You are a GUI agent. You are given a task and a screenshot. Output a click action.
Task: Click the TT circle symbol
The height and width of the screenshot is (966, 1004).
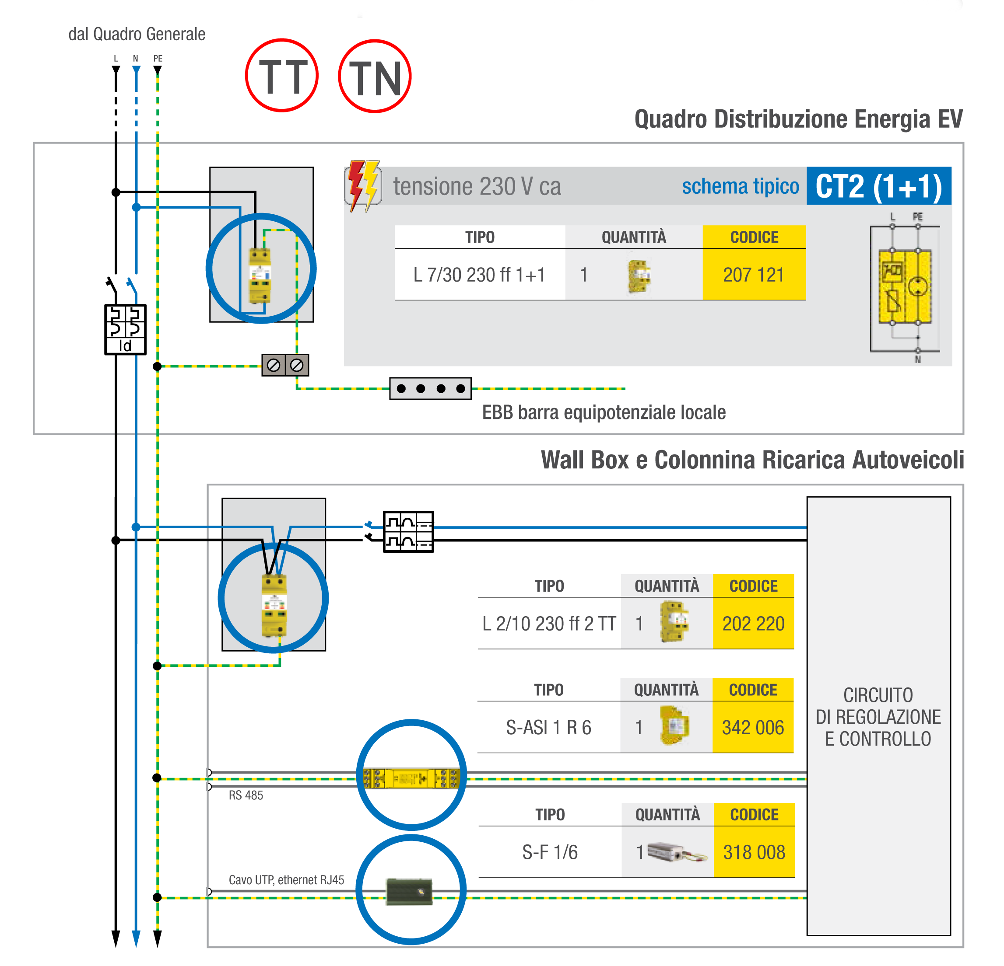pos(282,76)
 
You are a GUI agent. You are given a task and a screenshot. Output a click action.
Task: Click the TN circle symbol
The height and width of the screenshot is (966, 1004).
pos(375,77)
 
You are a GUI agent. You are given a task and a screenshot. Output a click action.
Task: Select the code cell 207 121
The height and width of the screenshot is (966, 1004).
pos(754,275)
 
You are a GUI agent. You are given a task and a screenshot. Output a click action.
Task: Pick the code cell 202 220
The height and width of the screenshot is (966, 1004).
pos(753,624)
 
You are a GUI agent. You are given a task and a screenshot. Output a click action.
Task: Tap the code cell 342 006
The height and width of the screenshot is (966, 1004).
pos(752,727)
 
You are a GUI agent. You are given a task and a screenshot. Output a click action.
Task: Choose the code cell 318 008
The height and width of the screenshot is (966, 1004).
pos(754,852)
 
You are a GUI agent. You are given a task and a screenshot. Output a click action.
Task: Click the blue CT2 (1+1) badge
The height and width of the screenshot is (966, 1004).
pos(878,186)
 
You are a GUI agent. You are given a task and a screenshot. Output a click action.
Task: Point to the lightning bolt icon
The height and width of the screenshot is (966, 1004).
pos(363,186)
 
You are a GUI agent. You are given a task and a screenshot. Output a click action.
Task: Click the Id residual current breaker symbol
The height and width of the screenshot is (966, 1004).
pos(126,329)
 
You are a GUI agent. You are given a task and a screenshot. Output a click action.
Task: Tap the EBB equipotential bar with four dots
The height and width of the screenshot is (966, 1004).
pos(430,389)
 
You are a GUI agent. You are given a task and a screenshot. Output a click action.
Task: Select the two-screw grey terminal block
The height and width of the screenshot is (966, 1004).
pos(285,365)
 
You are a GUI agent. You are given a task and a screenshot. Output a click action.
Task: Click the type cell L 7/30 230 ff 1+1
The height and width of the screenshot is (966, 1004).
pos(480,275)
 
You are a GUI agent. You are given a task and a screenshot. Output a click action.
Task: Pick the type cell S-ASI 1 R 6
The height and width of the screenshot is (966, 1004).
pos(549,727)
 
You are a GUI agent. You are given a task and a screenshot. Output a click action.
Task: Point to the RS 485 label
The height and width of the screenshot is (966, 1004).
pos(246,795)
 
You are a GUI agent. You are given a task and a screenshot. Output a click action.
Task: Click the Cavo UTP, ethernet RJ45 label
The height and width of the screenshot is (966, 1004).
pos(286,879)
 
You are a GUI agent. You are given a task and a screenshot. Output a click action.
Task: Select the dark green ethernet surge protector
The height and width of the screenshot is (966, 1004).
pos(409,891)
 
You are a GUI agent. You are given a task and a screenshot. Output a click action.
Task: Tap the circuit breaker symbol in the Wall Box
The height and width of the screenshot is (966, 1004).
pos(408,531)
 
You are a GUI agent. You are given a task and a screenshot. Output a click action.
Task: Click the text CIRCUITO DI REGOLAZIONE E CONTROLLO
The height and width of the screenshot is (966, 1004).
pos(878,717)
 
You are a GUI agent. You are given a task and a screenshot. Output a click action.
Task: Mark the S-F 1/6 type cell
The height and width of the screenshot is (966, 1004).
pos(550,852)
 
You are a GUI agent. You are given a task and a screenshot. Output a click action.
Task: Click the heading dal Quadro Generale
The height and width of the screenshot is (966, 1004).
pos(137,34)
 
